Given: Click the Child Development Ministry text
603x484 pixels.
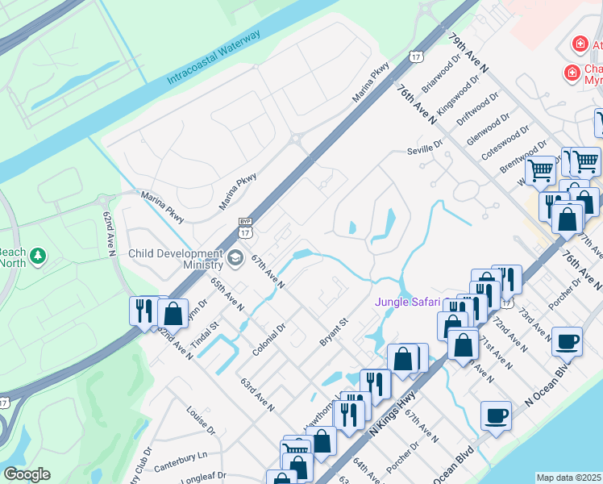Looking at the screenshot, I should (x=176, y=259).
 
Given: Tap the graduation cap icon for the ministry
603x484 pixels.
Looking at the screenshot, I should (x=235, y=258).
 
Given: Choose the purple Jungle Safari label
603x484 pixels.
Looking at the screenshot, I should (x=408, y=302).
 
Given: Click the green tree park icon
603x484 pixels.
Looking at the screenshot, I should (x=37, y=257).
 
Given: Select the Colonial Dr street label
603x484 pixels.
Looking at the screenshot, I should (x=270, y=339).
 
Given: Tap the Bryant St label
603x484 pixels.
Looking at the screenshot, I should (x=333, y=332).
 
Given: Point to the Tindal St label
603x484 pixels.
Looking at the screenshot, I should (x=208, y=336).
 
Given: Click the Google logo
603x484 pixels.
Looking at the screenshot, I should (x=27, y=474).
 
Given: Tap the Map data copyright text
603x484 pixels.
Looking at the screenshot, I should (x=568, y=478).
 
